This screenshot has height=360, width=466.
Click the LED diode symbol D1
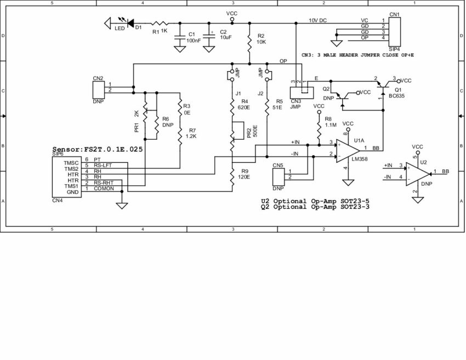[x=130, y=23]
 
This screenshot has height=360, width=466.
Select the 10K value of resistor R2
[x=261, y=42]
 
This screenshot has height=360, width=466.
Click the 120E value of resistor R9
[x=244, y=178]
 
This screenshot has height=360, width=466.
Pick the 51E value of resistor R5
[x=279, y=108]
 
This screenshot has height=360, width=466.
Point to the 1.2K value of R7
[x=191, y=136]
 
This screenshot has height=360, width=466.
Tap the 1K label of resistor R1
[x=164, y=31]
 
